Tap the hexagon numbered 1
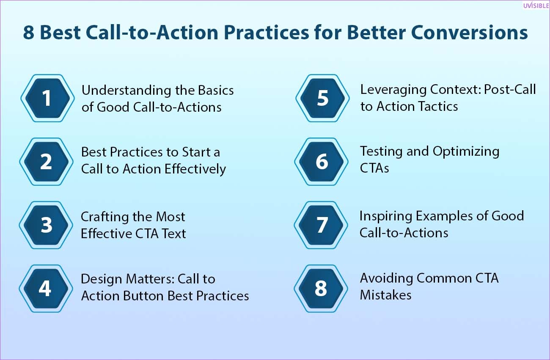47,98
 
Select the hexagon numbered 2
47,162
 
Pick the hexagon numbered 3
46,225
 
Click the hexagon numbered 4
46,288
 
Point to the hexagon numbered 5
322,98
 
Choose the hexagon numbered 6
322,162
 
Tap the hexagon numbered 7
321,225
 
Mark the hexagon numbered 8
321,288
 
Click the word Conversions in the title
469,33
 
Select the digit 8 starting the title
28,33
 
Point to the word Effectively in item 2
195,169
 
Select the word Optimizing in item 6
466,152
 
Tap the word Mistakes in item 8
385,295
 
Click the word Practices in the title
266,33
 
